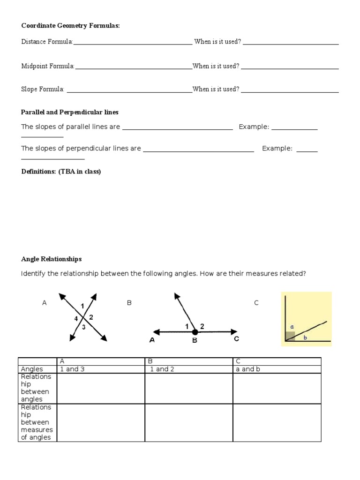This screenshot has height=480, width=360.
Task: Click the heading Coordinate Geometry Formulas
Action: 71,26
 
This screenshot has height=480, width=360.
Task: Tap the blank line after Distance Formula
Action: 133,43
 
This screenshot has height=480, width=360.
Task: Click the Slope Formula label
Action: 43,89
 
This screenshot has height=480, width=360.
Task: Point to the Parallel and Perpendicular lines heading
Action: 70,112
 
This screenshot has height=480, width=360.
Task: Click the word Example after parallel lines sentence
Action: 254,127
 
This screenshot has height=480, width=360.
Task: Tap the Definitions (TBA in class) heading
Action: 61,172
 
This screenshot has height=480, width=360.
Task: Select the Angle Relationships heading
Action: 52,259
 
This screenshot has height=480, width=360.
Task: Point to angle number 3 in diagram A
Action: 84,327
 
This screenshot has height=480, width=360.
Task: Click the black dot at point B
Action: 195,332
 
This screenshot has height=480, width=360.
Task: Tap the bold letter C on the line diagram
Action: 236,338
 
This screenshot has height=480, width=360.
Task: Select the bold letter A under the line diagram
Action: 152,341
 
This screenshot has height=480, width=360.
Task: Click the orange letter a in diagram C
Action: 291,326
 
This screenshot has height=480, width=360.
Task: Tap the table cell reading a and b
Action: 248,369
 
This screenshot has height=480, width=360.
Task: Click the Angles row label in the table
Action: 32,369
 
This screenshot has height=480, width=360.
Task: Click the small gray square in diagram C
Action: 290,336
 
